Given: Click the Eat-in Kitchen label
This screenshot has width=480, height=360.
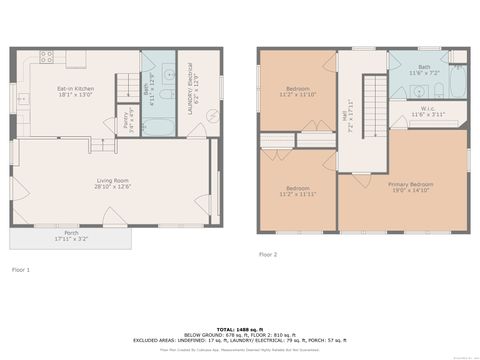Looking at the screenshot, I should pos(76,93).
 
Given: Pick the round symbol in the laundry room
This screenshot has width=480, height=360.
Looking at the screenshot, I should pos(212,116).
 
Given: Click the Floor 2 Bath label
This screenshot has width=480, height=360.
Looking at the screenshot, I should pos(424,71).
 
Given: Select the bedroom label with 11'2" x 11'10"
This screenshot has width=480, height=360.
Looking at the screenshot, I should pos(298,92).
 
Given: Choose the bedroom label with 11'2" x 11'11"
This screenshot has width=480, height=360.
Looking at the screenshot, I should pos(298,191).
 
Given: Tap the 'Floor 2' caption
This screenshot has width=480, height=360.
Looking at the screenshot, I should pos(267,255).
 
